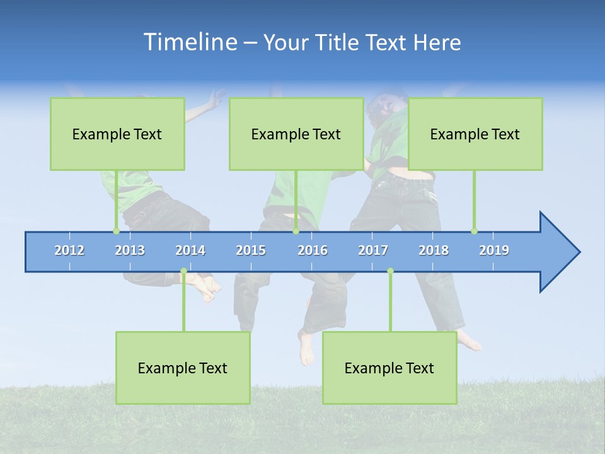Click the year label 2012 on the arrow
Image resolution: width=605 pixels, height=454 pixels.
[69, 250]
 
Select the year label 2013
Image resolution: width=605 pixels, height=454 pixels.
[130, 250]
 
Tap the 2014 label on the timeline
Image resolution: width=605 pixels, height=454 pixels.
[190, 250]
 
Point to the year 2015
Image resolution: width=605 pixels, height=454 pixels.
[251, 250]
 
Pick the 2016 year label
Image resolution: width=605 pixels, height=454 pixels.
[313, 250]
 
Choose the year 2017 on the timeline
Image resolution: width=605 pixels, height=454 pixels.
[373, 250]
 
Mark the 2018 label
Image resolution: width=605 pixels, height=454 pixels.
[434, 250]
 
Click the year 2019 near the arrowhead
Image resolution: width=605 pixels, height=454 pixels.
[494, 250]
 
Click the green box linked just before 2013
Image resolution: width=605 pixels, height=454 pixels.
[117, 134]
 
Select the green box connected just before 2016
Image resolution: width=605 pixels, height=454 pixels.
[296, 134]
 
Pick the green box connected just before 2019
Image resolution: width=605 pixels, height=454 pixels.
[475, 134]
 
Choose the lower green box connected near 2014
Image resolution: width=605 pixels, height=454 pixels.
[183, 368]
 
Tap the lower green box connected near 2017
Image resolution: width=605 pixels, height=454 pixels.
[389, 368]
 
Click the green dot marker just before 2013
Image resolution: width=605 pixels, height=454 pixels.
[116, 231]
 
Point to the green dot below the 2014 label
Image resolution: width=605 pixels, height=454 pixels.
[183, 271]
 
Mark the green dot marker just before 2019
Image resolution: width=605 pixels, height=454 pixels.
[474, 231]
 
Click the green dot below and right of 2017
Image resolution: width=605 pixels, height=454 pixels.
[390, 271]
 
